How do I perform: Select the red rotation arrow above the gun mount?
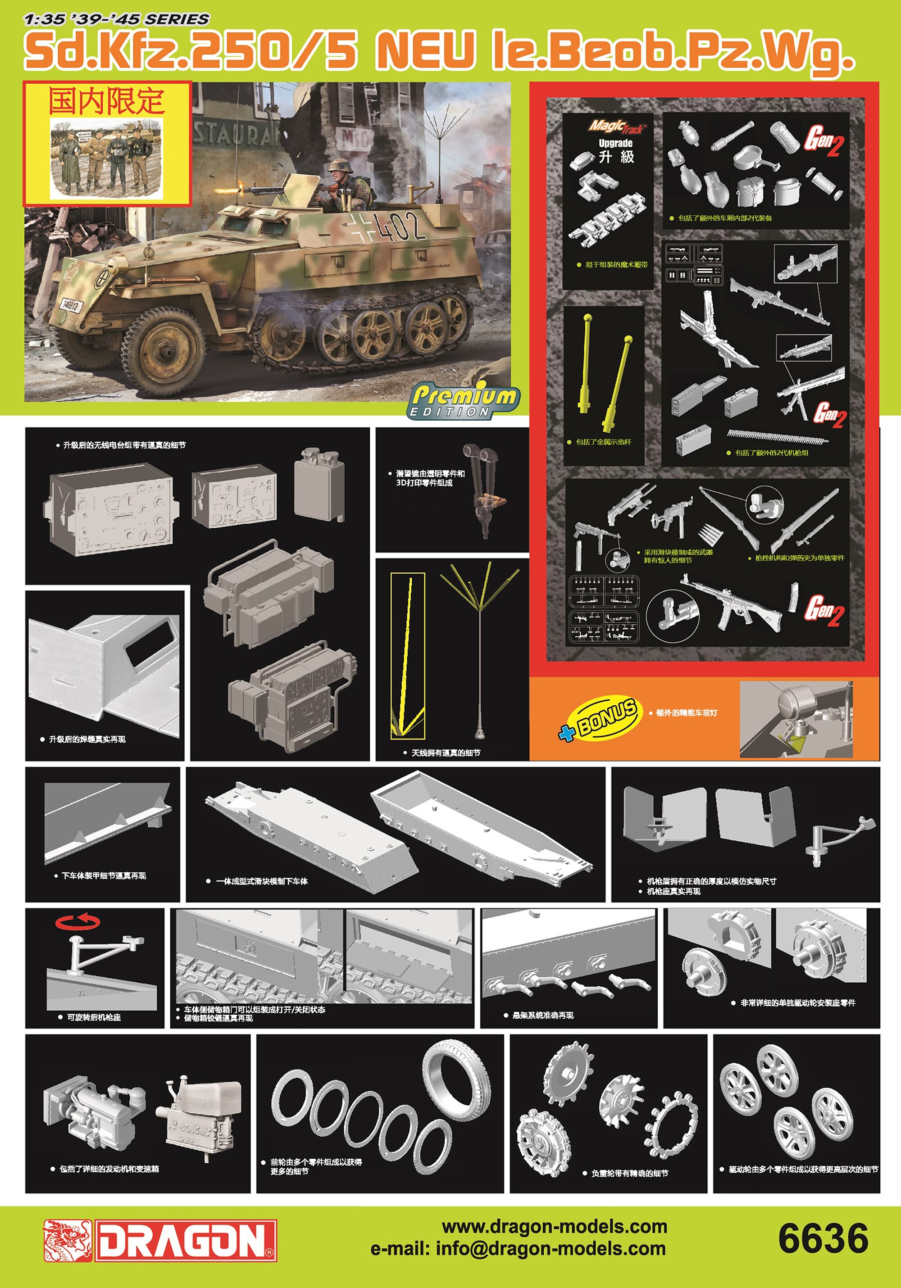coord(78,922)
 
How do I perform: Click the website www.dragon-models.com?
coord(554,1226)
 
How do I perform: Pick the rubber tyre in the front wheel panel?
coord(455,1073)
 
